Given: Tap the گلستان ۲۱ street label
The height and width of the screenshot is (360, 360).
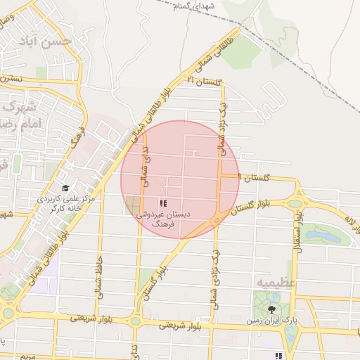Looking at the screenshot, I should pos(203,82).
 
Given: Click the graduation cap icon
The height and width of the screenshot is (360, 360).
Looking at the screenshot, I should pos(66,188).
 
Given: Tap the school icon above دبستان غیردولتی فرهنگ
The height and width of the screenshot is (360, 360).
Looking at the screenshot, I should pos(164,202).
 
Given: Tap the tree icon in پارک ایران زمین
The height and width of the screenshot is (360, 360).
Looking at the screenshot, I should pos(272,309).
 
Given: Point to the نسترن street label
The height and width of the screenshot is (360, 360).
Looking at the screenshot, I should pos(11,79).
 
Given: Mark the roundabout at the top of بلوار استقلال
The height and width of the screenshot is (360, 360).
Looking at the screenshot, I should pos(295,204).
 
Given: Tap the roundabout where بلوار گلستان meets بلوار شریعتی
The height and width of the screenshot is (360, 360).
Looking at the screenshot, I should pos(136,321).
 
